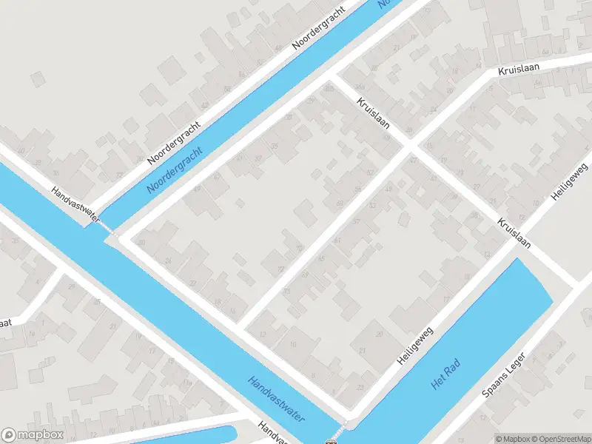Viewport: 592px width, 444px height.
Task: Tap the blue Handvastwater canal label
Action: (277, 399)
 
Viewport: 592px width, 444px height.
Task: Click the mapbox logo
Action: (32, 435)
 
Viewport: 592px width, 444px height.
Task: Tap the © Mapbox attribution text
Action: (512, 439)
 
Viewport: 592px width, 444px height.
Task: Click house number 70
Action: (300, 248)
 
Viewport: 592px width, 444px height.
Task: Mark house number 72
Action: (280, 269)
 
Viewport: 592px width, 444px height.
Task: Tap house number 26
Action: (168, 260)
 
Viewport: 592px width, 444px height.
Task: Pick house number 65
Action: (321, 258)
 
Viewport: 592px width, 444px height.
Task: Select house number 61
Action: (337, 239)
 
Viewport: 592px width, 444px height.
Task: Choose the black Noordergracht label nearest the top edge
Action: (320, 27)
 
